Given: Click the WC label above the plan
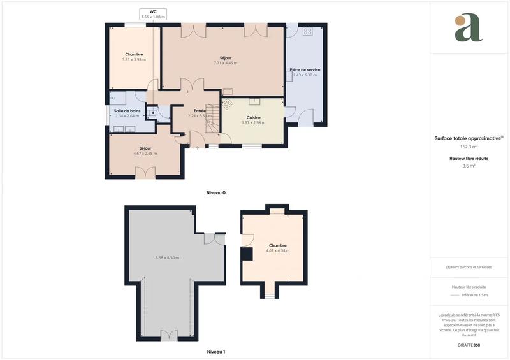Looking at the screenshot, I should pyautogui.click(x=153, y=11).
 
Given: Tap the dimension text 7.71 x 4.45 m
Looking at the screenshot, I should pyautogui.click(x=225, y=63).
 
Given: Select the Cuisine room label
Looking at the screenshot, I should pyautogui.click(x=254, y=117).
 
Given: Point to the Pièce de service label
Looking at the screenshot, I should pyautogui.click(x=305, y=69).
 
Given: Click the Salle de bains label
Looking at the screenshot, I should pyautogui.click(x=127, y=110).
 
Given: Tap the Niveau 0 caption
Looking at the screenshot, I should pyautogui.click(x=215, y=192).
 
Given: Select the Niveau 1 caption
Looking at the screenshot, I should pyautogui.click(x=215, y=351).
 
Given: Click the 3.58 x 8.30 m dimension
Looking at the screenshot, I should pyautogui.click(x=167, y=257).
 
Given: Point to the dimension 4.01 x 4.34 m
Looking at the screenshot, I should pyautogui.click(x=277, y=250).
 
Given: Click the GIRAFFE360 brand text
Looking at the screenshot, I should pyautogui.click(x=469, y=345).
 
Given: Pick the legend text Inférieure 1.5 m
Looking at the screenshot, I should pyautogui.click(x=474, y=295).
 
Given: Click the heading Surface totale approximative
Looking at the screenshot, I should pyautogui.click(x=467, y=138).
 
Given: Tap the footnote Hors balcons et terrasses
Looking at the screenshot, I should pyautogui.click(x=469, y=267).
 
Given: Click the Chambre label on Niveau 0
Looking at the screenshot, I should pyautogui.click(x=134, y=54).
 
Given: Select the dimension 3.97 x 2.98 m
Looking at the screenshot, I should pyautogui.click(x=254, y=122).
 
